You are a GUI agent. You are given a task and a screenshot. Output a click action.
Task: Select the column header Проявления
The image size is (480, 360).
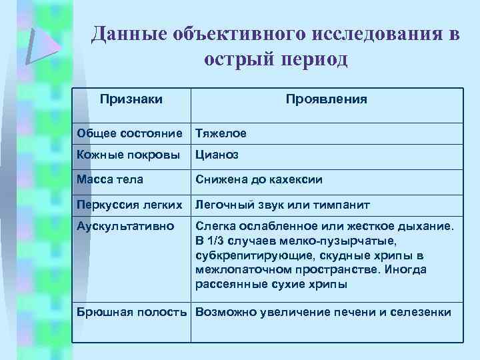click(326, 99)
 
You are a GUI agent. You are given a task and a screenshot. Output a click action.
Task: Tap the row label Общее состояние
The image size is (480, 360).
click(129, 133)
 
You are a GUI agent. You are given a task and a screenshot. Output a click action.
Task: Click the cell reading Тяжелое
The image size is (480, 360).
click(221, 133)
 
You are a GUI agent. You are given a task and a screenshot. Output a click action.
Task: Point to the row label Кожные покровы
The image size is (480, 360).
click(128, 155)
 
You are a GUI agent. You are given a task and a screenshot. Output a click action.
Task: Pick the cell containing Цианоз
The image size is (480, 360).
click(217, 155)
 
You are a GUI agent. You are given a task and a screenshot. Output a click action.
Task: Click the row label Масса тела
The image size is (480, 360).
click(110, 179)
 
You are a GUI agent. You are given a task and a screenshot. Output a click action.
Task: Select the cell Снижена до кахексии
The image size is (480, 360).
click(259, 179)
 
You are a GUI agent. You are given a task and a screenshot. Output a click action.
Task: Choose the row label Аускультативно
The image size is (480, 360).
click(125, 227)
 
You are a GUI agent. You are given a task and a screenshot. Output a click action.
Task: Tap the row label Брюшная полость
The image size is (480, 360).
click(133, 312)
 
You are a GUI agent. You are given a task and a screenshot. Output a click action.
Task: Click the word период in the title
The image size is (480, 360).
click(313, 59)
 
